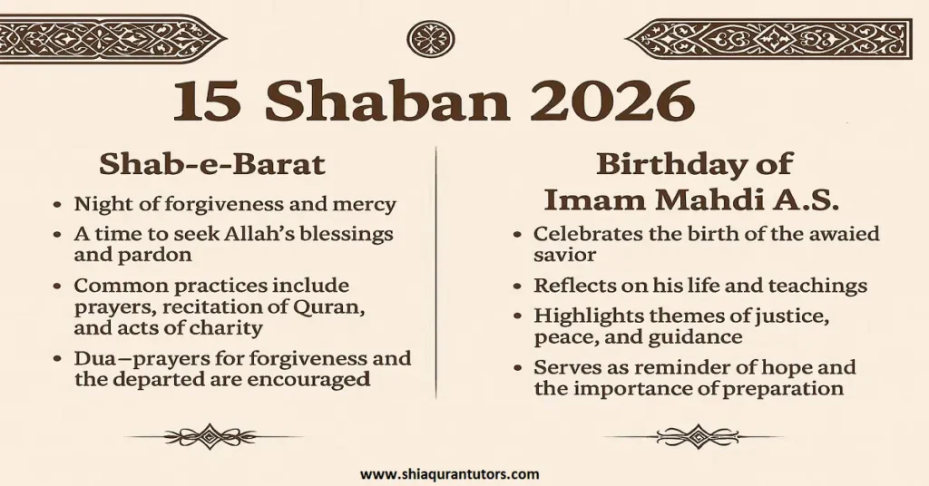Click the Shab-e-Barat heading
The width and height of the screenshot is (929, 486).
(211, 164)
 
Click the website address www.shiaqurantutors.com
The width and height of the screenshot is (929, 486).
(450, 473)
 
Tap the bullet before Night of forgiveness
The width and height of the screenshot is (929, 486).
(58, 205)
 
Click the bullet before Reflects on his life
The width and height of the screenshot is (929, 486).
(517, 287)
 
